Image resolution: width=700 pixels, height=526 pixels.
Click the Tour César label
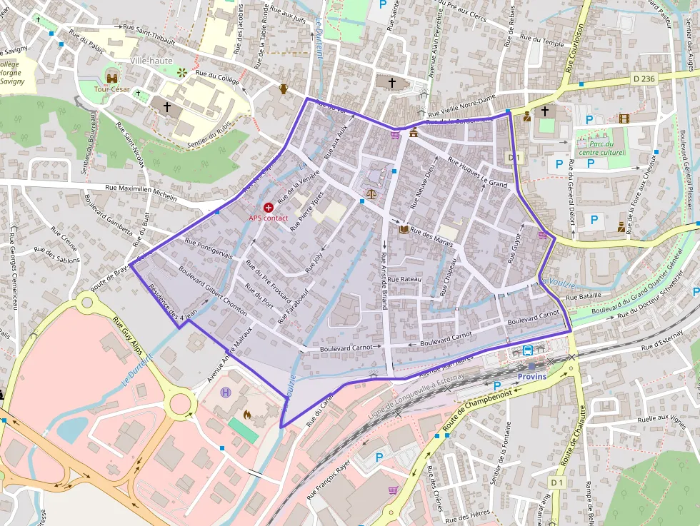[x=112, y=91]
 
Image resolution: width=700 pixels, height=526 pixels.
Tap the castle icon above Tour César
[x=112, y=77]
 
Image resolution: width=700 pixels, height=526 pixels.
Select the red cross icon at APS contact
[x=269, y=206]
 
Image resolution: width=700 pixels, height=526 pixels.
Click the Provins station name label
[x=531, y=376]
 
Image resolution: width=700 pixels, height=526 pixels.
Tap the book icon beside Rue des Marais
[x=404, y=230]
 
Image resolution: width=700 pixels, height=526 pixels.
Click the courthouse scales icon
[x=371, y=193]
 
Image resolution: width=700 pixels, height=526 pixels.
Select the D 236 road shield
[x=644, y=79]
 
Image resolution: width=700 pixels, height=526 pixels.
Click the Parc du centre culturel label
[x=601, y=148]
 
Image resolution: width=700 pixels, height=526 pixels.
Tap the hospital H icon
[x=226, y=393]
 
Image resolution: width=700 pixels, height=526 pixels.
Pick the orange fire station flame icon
[x=247, y=413]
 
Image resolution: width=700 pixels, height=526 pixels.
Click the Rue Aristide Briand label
[x=384, y=279]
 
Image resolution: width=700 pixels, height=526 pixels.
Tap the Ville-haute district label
[x=151, y=61]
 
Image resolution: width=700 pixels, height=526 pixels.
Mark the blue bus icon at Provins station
[x=527, y=350]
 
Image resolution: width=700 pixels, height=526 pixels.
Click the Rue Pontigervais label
[x=209, y=249]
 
